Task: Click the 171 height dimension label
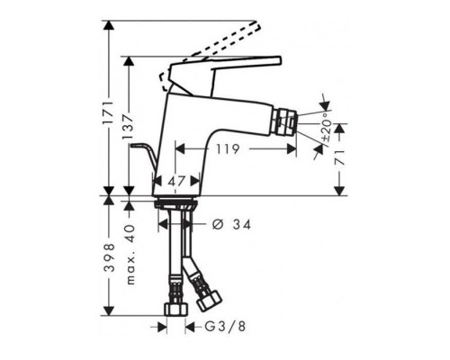click(x=109, y=113)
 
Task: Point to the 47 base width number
click(x=177, y=181)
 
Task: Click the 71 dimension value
click(x=339, y=157)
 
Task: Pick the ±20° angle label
click(x=326, y=127)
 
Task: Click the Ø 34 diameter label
click(x=231, y=224)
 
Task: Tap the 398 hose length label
click(x=109, y=257)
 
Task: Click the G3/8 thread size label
click(x=225, y=327)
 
